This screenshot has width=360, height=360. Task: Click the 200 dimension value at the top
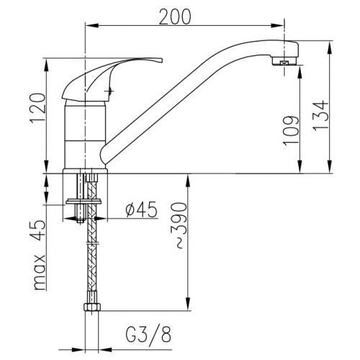pos(175,17)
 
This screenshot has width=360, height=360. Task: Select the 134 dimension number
pos(320,115)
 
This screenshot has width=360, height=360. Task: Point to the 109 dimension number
pos(291,130)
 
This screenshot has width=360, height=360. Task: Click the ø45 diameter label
pos(141,210)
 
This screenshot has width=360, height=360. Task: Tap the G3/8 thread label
pos(148,334)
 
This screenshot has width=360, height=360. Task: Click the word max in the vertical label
pos(40,272)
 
